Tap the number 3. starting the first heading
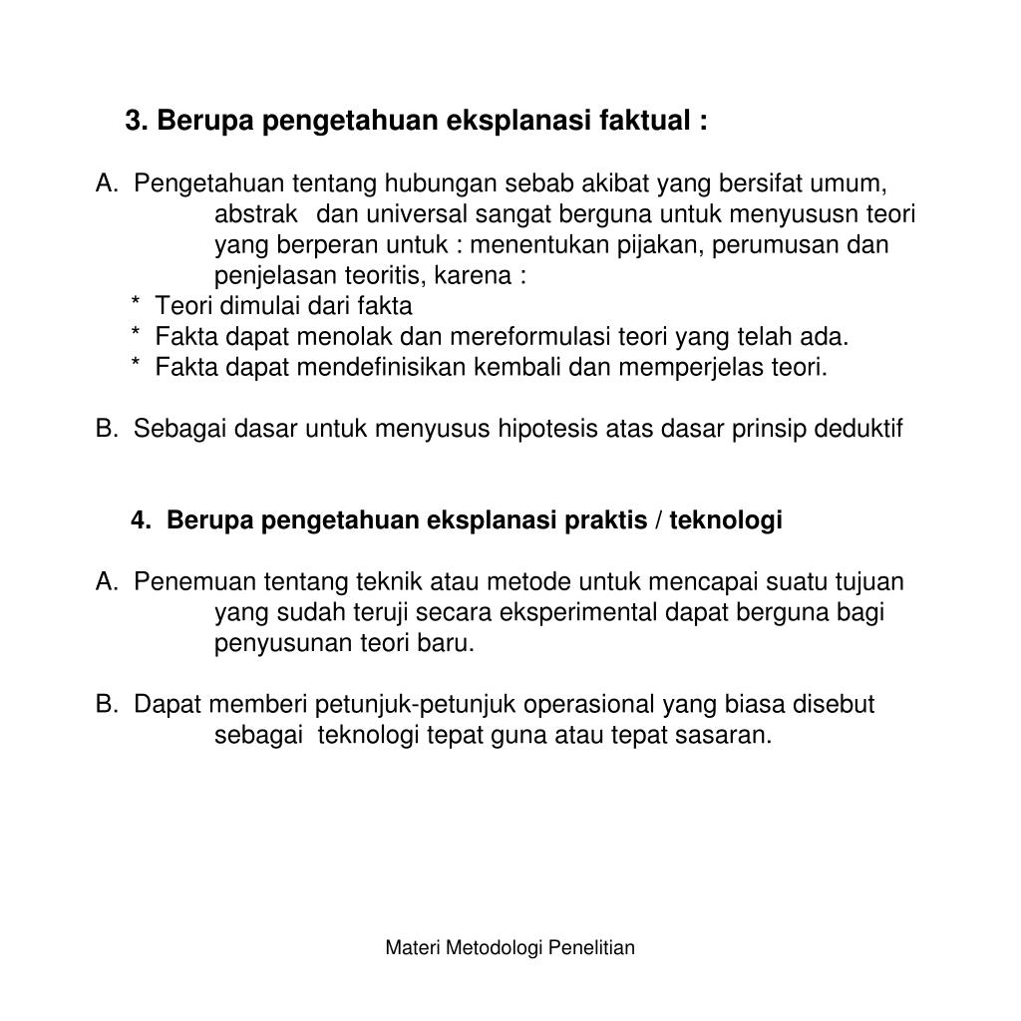click(x=137, y=121)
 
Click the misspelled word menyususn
click(x=797, y=214)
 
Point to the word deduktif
click(x=858, y=429)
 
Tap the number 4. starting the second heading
click(x=142, y=520)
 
